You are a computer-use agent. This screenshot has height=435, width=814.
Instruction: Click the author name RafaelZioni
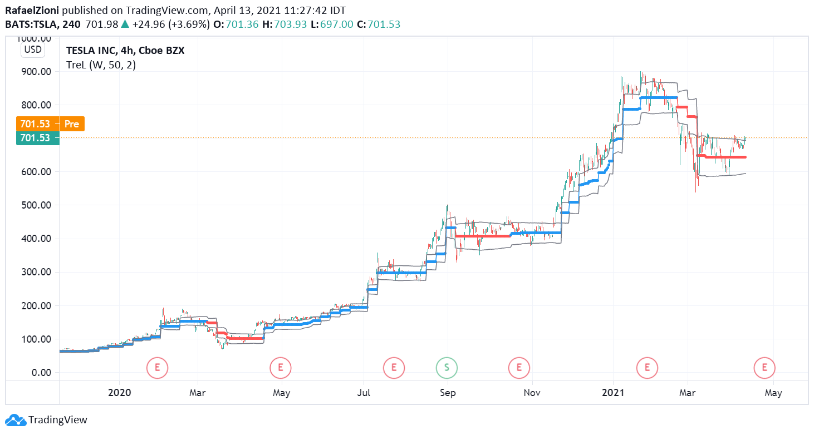click(x=32, y=11)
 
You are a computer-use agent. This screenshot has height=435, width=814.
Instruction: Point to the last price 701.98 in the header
click(x=102, y=24)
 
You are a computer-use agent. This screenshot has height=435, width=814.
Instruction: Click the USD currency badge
click(x=32, y=50)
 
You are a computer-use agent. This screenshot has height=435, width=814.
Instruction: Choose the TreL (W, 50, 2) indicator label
click(x=101, y=65)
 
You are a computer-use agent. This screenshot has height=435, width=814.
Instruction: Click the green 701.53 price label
click(x=35, y=138)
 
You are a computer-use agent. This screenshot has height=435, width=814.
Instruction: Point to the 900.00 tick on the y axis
click(x=35, y=72)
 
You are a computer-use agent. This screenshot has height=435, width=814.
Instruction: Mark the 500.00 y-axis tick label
click(x=35, y=205)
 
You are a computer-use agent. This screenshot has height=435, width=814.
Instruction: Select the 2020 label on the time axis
click(x=119, y=393)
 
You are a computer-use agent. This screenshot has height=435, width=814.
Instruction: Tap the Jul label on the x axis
click(x=364, y=393)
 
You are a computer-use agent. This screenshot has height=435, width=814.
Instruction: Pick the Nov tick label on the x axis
click(x=532, y=393)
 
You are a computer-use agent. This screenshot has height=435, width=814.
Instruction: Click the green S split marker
click(x=446, y=367)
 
